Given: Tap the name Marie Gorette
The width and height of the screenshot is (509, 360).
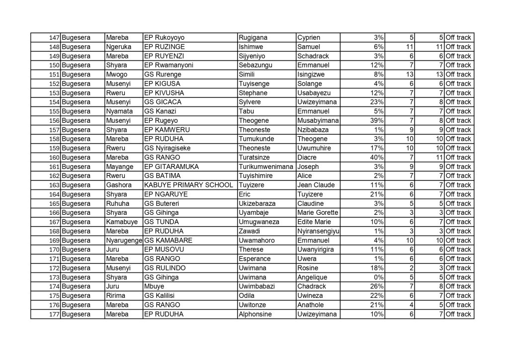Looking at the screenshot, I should point(317,213).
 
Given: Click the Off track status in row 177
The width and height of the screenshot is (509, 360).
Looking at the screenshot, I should point(458,314).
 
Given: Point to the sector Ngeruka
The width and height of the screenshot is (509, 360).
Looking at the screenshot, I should point(118,47).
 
